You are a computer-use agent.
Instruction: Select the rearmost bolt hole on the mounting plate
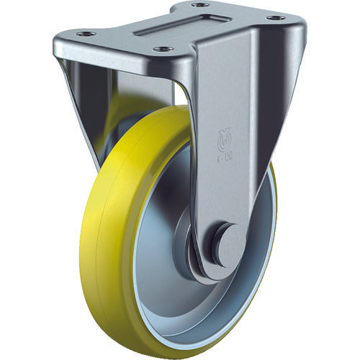[x=202, y=5]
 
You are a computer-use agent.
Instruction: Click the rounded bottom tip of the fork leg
[x=216, y=272]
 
